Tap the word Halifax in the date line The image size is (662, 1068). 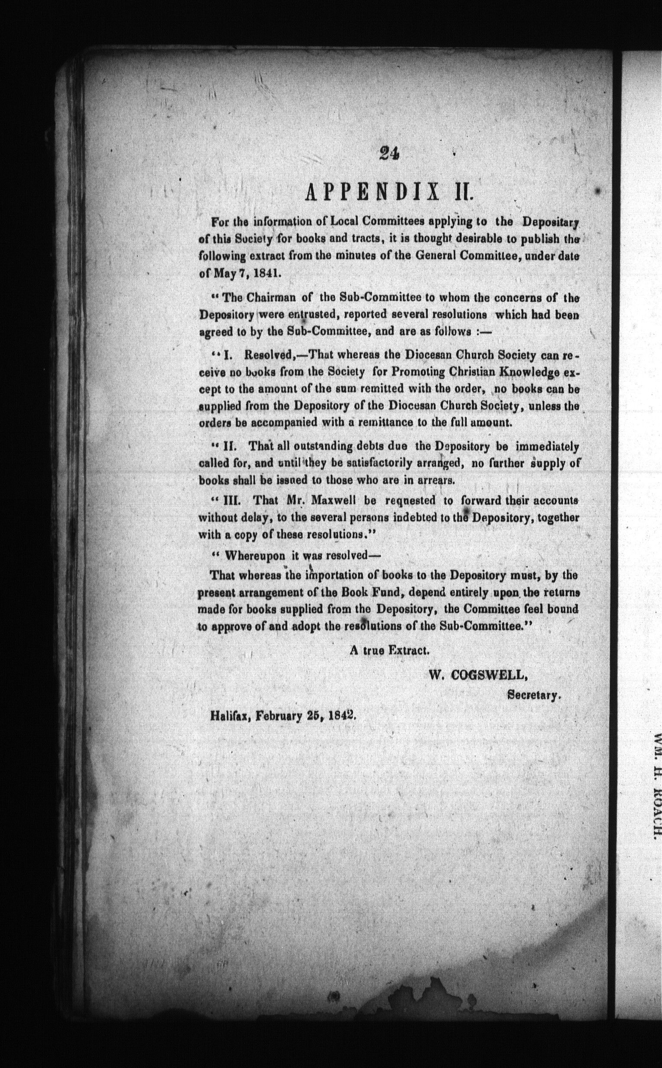(231, 716)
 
